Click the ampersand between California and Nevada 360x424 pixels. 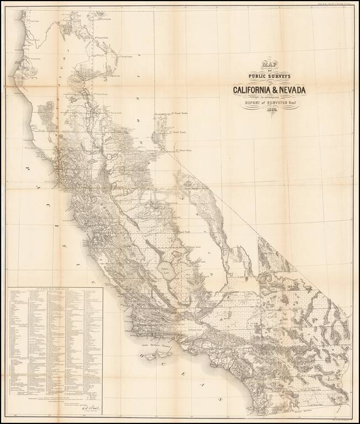tap(278, 90)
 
